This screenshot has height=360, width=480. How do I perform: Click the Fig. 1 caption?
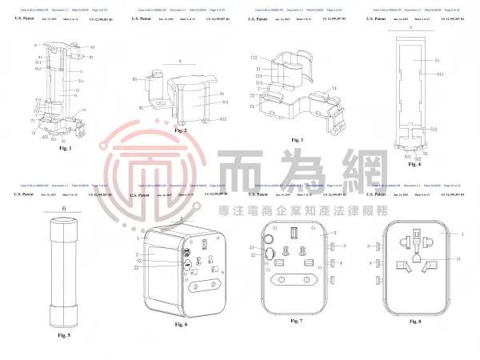pyautogui.click(x=66, y=149)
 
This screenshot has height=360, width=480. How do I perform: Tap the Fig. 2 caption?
pyautogui.click(x=181, y=130)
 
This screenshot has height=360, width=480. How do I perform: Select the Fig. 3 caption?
pyautogui.click(x=298, y=140)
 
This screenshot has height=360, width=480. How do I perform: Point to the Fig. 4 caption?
pyautogui.click(x=414, y=165)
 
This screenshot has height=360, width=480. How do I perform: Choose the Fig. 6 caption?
pyautogui.click(x=181, y=324)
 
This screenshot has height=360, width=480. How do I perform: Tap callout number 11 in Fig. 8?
pyautogui.click(x=458, y=260)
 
